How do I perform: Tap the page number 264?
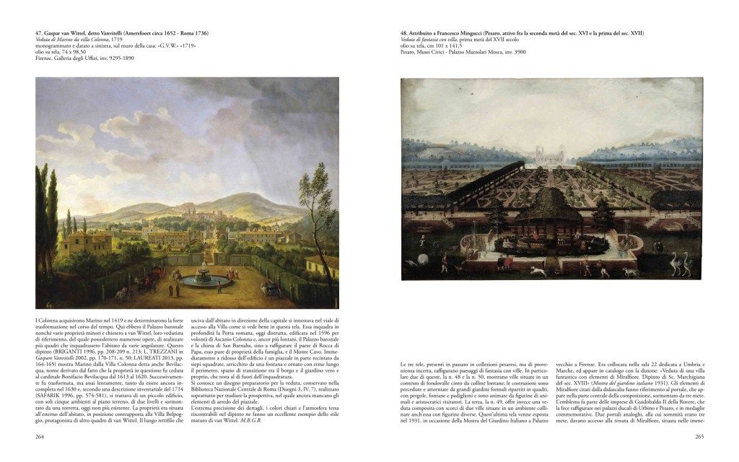pyautogui.click(x=40, y=436)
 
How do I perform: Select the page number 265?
pyautogui.click(x=699, y=436)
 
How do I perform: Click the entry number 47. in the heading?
pyautogui.click(x=40, y=33)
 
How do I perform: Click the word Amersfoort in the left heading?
pyautogui.click(x=157, y=33)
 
